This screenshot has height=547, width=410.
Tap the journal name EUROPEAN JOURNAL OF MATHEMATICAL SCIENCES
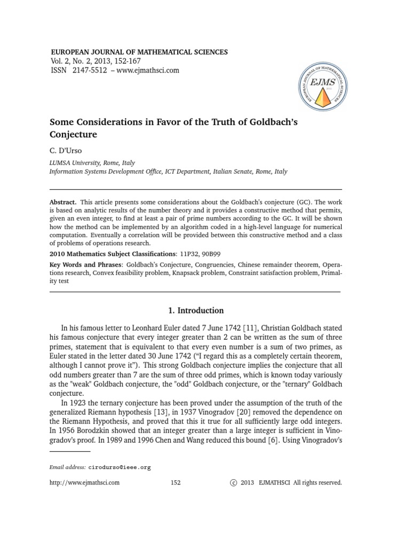(x=139, y=52)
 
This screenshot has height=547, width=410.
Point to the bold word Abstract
(x=63, y=202)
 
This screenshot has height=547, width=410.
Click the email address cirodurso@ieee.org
(x=120, y=467)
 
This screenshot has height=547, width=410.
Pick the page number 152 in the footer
(x=176, y=482)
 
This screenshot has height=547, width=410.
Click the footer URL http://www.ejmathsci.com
(x=84, y=482)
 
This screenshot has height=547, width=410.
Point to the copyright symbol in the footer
(x=232, y=482)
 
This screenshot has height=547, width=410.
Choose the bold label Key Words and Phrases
(x=85, y=264)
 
